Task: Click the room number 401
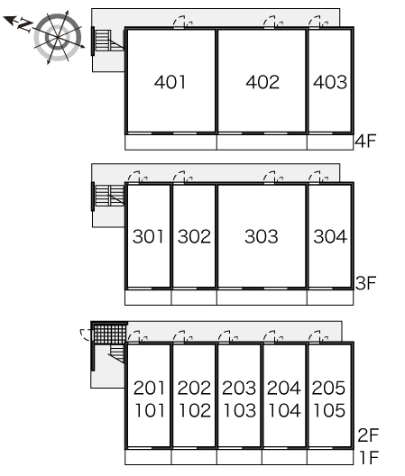click(170, 82)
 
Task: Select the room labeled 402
click(262, 82)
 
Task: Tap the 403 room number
click(330, 82)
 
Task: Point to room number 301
click(148, 236)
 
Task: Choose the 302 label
click(194, 236)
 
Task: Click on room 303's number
click(262, 236)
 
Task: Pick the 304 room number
click(330, 236)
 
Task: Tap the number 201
click(149, 388)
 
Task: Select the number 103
click(240, 410)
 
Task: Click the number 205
click(328, 388)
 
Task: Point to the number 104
click(285, 410)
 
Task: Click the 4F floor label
click(365, 141)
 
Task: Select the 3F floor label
click(365, 283)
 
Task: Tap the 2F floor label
click(368, 435)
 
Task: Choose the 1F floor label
click(369, 457)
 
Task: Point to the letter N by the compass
click(25, 24)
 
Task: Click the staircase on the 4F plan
click(107, 41)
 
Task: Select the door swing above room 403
click(318, 22)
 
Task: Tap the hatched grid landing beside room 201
click(110, 334)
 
